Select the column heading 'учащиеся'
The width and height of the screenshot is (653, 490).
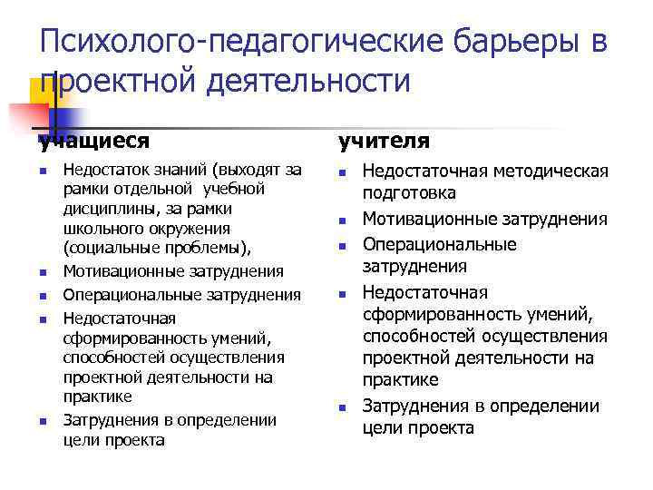click(x=93, y=141)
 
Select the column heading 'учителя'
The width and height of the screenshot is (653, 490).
click(x=384, y=141)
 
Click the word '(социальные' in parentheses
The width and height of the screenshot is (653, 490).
click(x=105, y=248)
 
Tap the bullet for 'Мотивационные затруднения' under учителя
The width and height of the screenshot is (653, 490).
click(x=342, y=220)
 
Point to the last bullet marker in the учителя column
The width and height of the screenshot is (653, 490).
click(x=342, y=407)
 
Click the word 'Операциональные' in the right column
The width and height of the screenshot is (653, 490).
click(x=439, y=244)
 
